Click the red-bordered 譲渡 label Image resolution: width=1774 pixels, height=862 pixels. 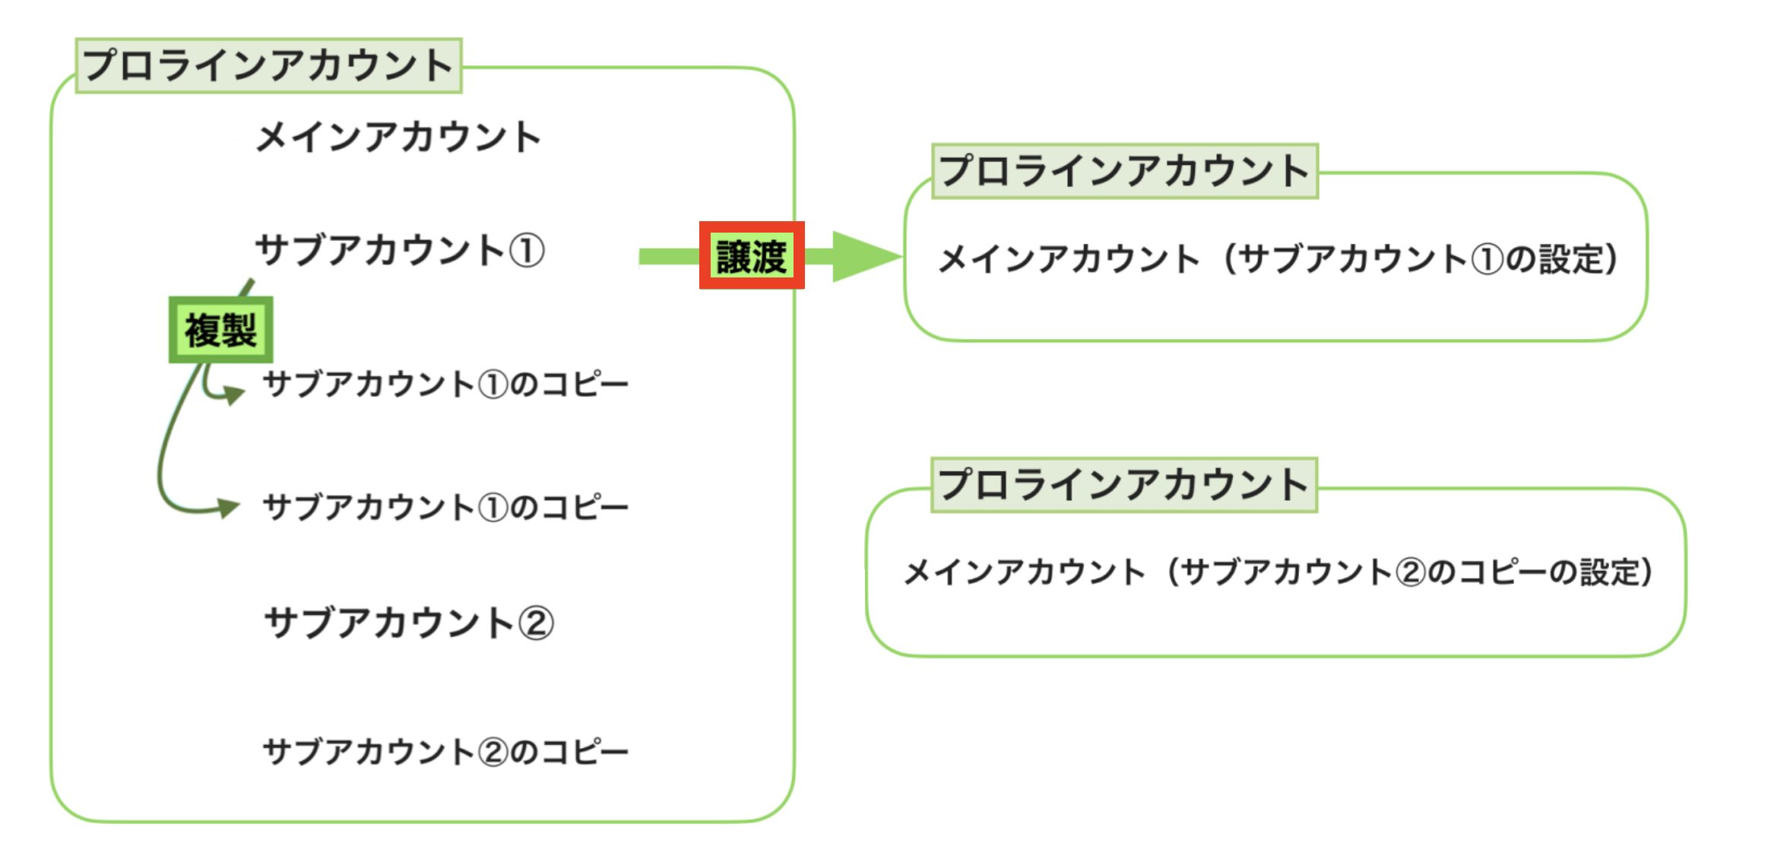[752, 255]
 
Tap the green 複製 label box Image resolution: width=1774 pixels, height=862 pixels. [220, 330]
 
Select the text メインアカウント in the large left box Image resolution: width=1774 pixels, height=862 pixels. [398, 138]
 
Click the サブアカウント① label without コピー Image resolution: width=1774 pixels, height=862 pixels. [400, 250]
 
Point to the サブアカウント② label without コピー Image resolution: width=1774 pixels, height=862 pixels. [409, 623]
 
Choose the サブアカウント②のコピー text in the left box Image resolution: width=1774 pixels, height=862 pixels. [445, 752]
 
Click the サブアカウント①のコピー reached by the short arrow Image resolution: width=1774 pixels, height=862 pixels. [445, 385]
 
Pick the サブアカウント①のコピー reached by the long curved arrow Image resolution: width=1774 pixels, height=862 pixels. [445, 507]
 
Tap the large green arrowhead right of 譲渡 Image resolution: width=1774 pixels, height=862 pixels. [863, 256]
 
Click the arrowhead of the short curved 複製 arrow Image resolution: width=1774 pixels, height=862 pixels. [233, 395]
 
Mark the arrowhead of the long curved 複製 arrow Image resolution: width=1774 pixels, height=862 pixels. [227, 507]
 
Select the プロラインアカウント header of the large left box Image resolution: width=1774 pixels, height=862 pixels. [268, 65]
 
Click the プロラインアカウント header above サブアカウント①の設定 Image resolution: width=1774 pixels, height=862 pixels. [1124, 171]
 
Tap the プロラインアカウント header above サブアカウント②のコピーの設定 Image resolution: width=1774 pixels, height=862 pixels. [1123, 485]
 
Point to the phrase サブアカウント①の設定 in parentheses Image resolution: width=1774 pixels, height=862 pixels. [1420, 259]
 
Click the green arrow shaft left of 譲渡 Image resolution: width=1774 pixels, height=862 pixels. [668, 257]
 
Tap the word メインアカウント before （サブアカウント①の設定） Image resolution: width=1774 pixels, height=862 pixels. [1069, 259]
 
